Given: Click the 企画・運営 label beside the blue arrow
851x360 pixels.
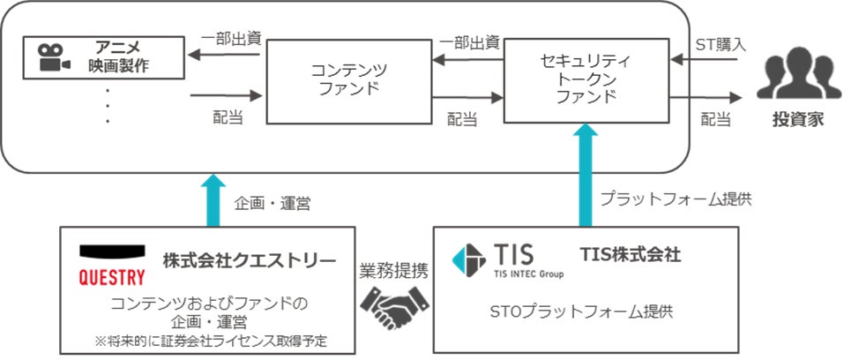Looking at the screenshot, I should (272, 203).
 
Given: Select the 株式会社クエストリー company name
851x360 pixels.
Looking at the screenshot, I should (249, 260).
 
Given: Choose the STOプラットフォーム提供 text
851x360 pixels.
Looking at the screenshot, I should (583, 312).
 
